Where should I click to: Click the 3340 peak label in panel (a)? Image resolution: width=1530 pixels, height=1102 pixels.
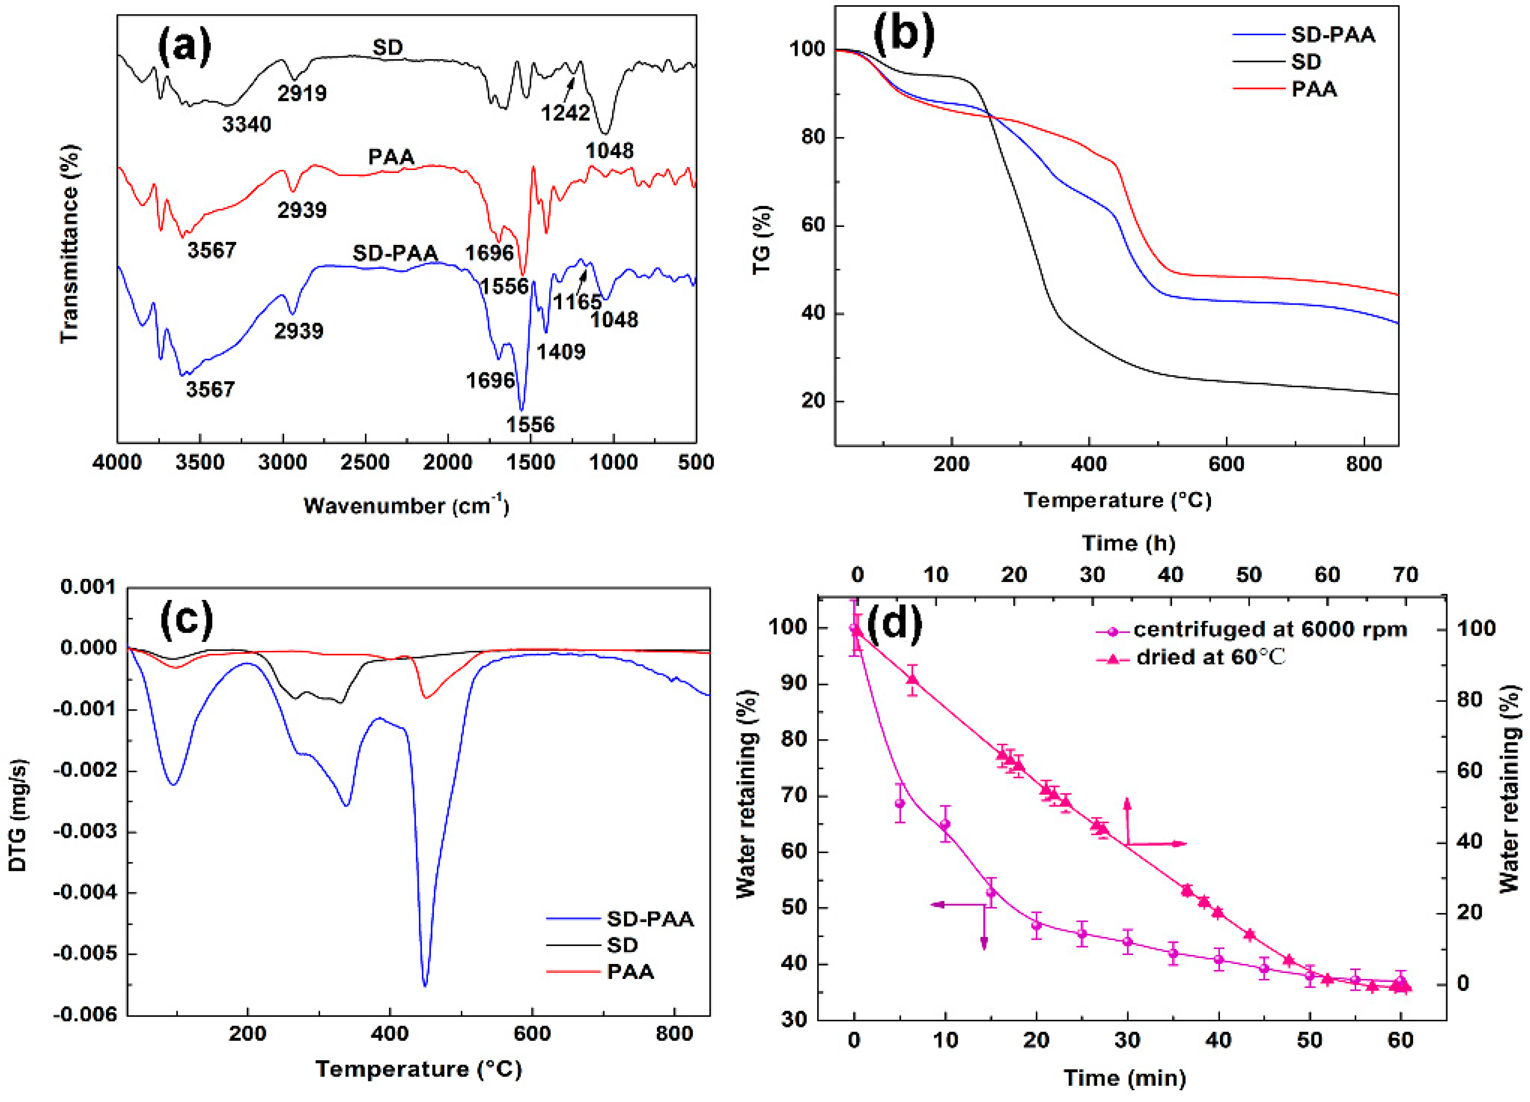[x=247, y=124]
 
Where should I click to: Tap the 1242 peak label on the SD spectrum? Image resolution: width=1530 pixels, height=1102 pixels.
[x=566, y=113]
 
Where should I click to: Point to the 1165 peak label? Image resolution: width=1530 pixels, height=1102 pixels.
[x=577, y=302]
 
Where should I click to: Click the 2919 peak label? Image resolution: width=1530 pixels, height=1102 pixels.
[x=302, y=93]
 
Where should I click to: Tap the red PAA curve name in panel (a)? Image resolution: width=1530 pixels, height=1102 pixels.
[x=391, y=157]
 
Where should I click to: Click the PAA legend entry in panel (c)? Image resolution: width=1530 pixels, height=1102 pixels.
[x=630, y=972]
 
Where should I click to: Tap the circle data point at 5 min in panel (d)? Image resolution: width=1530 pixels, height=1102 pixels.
[x=899, y=803]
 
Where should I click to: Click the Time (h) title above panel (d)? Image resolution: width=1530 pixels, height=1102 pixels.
[x=1128, y=543]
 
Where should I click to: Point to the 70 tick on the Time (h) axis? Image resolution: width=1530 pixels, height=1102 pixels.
[x=1405, y=575]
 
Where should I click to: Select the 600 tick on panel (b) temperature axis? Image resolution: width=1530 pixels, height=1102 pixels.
[x=1226, y=464]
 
